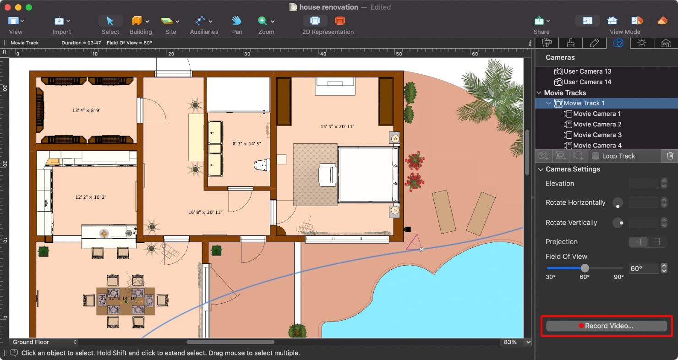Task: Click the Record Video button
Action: tap(606, 326)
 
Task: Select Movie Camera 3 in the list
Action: tap(597, 135)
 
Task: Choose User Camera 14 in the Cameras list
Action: tap(587, 82)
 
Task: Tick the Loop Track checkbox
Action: tap(596, 156)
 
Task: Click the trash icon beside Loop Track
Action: tap(670, 156)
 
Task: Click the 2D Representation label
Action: tap(328, 32)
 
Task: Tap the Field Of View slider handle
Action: tap(585, 268)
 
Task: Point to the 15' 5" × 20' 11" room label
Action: tap(337, 126)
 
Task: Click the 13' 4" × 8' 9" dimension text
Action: tap(86, 110)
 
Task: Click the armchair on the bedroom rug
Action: tap(327, 175)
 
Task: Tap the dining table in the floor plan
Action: tap(126, 301)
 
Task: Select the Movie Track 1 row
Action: tap(584, 103)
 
